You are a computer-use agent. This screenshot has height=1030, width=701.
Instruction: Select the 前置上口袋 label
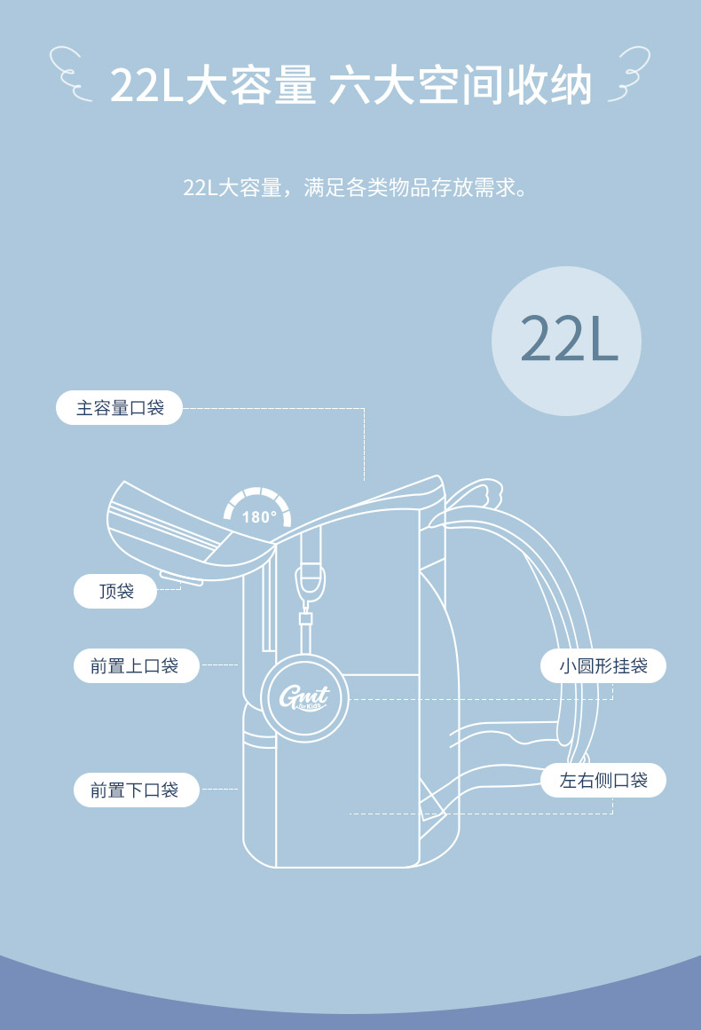point(135,665)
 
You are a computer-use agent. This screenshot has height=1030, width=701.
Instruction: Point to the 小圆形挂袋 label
point(603,665)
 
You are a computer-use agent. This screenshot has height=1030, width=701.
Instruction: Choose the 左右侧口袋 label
point(603,781)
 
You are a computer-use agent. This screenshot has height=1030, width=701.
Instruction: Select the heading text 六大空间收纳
point(460,86)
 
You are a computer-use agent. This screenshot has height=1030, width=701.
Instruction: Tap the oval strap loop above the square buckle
point(308,582)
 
